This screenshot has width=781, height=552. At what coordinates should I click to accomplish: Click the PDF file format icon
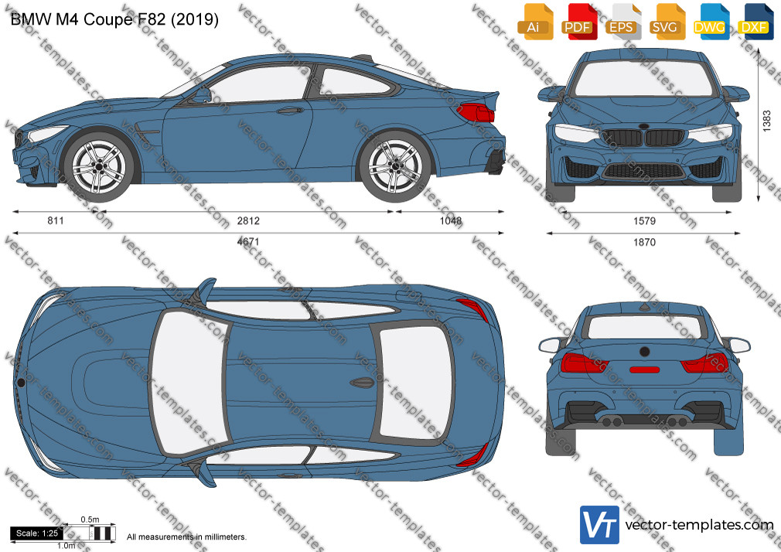click(578, 22)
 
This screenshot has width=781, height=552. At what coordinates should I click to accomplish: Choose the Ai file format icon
click(534, 22)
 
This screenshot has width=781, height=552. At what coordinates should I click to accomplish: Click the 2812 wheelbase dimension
click(248, 220)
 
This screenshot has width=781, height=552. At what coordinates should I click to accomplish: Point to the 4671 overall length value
click(248, 242)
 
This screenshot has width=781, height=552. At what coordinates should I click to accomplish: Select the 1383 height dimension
click(767, 121)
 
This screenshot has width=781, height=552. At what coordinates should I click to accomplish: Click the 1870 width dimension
click(644, 243)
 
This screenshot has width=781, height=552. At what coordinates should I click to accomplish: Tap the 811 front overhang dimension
click(56, 220)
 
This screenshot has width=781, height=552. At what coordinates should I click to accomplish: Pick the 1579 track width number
click(644, 221)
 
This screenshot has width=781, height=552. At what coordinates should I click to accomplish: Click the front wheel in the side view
click(99, 167)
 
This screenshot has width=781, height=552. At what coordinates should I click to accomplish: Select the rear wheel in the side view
click(394, 167)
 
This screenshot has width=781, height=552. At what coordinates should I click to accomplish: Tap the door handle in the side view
click(291, 110)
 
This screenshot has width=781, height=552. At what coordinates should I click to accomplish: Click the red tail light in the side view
click(476, 113)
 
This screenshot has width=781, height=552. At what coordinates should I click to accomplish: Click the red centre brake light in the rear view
click(645, 370)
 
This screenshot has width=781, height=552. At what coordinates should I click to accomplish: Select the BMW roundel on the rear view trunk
click(645, 352)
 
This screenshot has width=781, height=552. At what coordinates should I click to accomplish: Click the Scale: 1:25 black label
click(37, 533)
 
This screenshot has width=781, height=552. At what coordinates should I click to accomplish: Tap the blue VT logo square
click(600, 525)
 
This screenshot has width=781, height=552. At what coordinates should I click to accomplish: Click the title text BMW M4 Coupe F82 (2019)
click(114, 19)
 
